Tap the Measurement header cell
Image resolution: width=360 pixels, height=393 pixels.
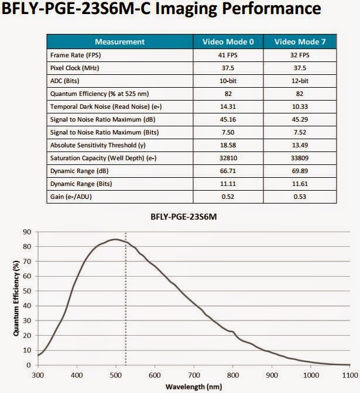point(119,42)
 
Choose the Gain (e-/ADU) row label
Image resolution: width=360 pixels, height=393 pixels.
point(71,196)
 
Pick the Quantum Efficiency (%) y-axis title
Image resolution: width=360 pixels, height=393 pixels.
point(10,298)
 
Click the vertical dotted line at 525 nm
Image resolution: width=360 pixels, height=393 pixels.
point(126,304)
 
